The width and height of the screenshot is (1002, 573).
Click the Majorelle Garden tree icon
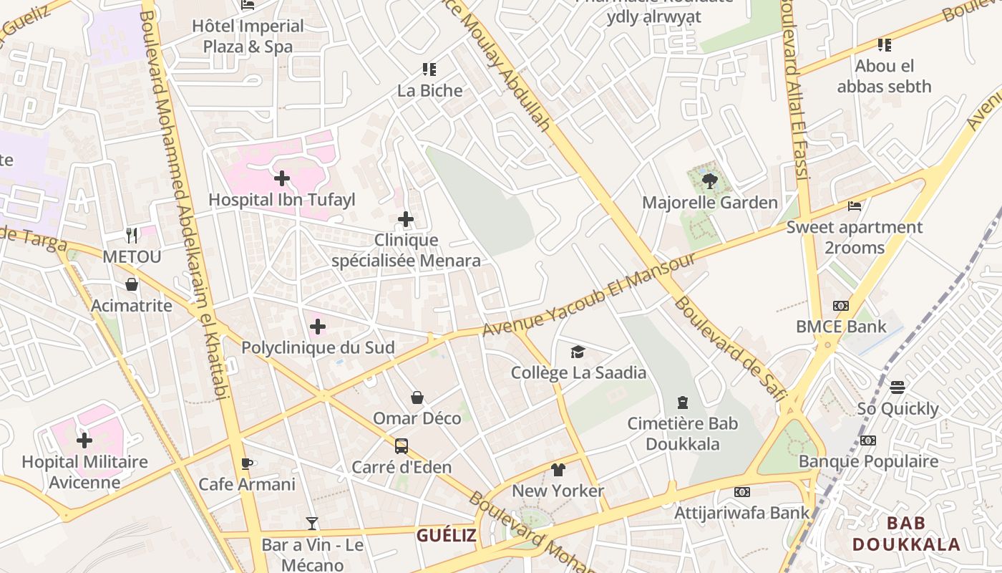[709, 180]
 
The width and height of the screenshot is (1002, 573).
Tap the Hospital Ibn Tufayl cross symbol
[282, 178]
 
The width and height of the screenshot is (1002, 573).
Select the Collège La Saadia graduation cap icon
[578, 351]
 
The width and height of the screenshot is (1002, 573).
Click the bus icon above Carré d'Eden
[402, 446]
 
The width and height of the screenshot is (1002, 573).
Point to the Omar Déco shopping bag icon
[417, 398]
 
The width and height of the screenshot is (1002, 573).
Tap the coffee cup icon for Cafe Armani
[247, 463]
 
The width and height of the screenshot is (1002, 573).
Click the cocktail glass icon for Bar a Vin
[312, 524]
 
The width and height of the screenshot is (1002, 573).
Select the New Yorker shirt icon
[558, 470]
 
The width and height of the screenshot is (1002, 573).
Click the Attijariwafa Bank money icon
[742, 492]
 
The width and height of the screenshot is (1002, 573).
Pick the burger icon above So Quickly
[898, 387]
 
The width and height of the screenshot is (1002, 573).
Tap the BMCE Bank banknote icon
[841, 306]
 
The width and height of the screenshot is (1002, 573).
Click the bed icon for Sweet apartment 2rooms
[854, 206]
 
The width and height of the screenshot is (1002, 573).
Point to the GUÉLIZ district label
[447, 535]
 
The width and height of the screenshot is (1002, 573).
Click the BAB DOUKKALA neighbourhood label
[906, 534]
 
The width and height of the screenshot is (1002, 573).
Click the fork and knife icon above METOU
[132, 235]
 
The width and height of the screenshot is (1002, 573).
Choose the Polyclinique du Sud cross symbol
[318, 327]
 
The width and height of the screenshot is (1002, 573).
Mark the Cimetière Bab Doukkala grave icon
[683, 402]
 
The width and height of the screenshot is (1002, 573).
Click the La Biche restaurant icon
[429, 69]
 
